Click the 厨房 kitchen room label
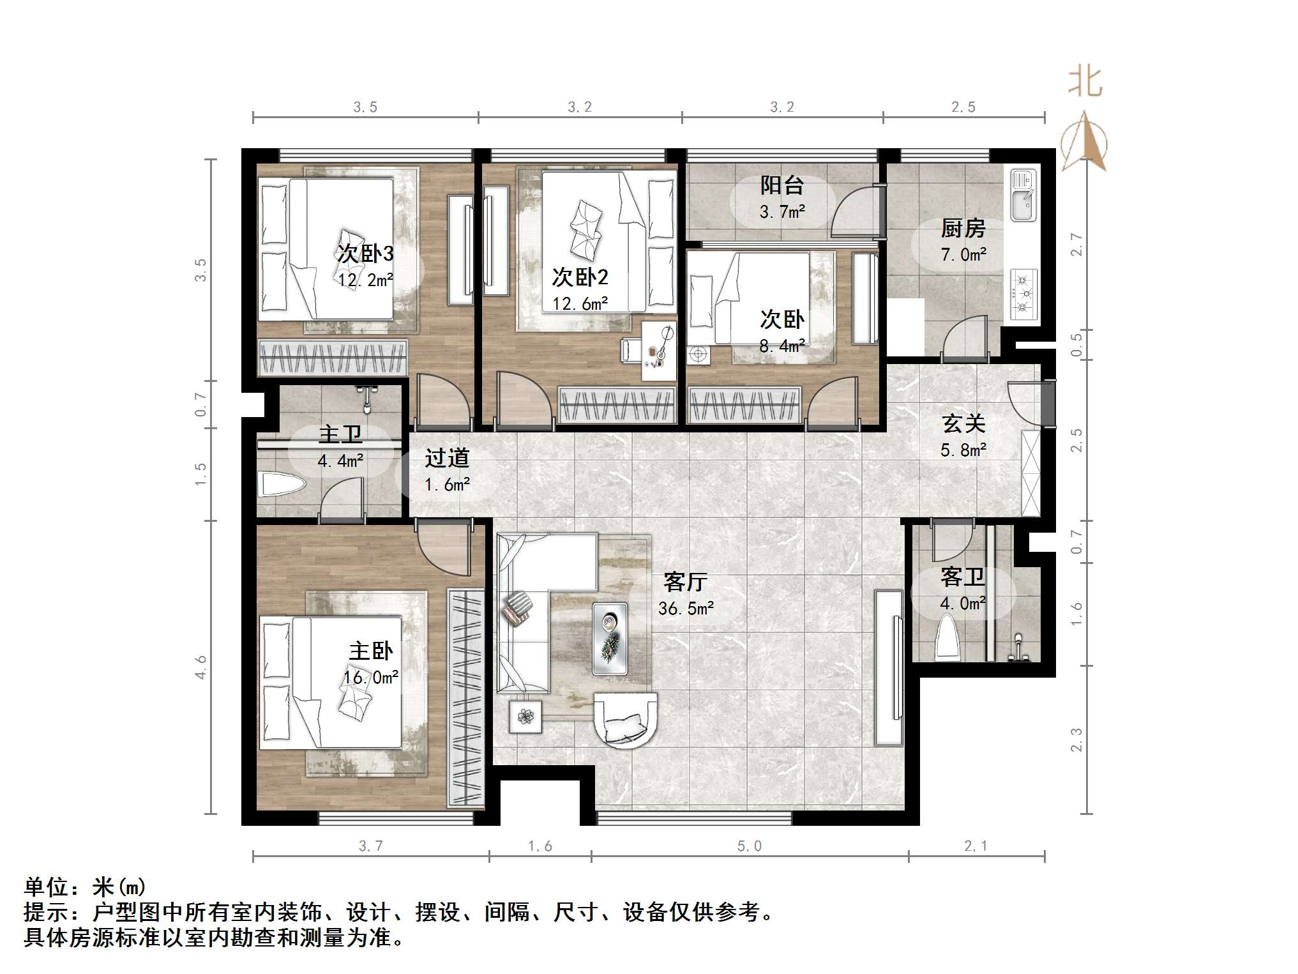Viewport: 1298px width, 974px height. click(963, 228)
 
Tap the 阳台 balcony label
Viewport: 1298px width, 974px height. click(781, 185)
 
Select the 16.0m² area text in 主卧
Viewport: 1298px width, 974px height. click(371, 677)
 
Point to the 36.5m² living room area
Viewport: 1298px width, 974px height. click(686, 608)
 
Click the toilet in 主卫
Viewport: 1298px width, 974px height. click(280, 485)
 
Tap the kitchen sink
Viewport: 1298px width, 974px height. click(1023, 194)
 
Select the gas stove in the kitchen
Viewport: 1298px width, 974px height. click(1023, 294)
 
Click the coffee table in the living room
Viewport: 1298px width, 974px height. click(610, 638)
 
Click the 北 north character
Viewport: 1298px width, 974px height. click(1085, 82)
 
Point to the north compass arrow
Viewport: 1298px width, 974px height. click(1084, 142)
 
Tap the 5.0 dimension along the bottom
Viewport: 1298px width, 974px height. click(750, 846)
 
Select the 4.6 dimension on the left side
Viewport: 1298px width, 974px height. click(200, 667)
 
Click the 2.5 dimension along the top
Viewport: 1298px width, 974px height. click(963, 107)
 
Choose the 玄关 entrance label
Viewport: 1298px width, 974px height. click(963, 423)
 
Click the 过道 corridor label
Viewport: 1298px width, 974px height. click(447, 458)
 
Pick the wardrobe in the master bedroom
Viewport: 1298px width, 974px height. click(467, 697)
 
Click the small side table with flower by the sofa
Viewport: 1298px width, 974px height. click(525, 717)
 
